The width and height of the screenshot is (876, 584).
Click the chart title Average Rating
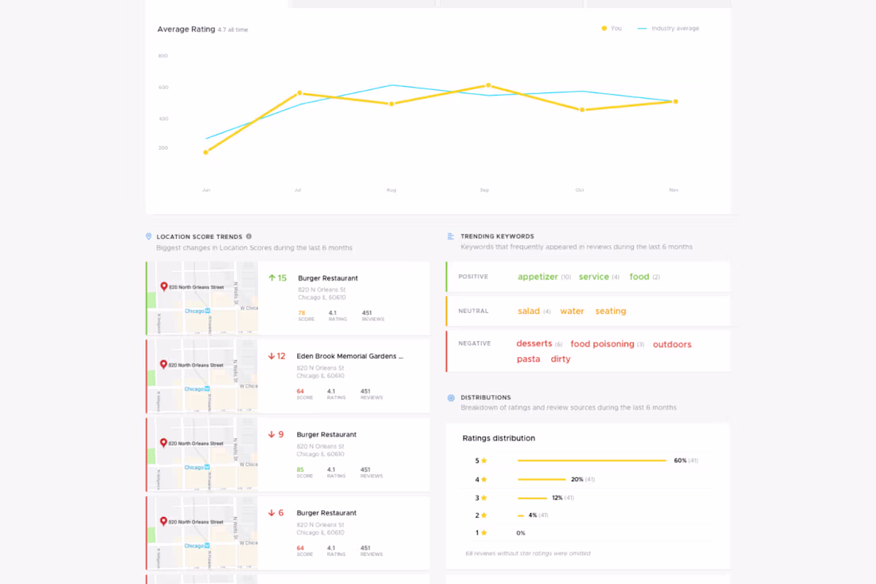click(186, 29)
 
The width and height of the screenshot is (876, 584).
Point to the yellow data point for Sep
click(488, 85)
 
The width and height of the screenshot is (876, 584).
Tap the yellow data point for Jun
click(205, 152)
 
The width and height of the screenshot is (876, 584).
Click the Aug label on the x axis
click(391, 190)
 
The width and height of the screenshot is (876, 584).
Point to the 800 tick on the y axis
click(163, 56)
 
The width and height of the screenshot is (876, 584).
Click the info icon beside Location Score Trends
click(248, 237)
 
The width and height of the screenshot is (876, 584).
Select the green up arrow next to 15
click(272, 278)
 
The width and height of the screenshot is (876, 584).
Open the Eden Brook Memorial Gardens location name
click(350, 356)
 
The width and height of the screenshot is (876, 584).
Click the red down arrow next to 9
click(272, 434)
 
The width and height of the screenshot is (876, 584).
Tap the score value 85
click(300, 469)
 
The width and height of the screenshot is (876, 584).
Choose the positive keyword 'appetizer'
click(538, 276)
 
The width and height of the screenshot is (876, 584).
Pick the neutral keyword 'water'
click(572, 311)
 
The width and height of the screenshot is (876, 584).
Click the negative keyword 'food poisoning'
click(602, 344)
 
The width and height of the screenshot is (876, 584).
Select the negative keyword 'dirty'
click(561, 359)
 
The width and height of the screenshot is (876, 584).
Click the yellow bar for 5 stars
click(592, 461)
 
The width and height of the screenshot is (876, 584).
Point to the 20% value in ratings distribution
click(577, 480)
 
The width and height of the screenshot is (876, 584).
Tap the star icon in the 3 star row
click(483, 498)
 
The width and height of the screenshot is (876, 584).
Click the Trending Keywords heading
click(497, 237)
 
